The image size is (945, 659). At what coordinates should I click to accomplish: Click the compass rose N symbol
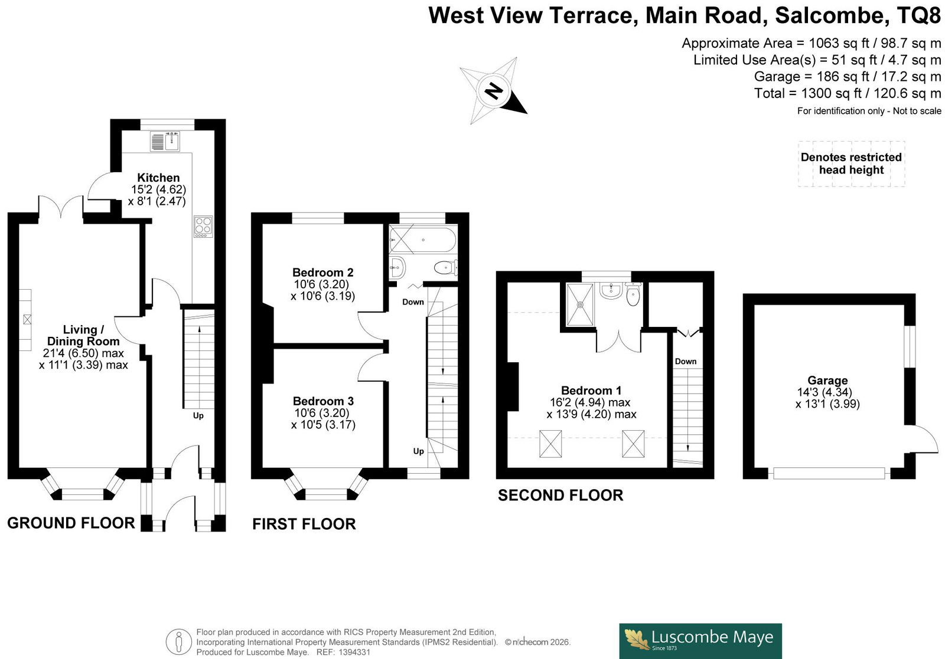point(493,91)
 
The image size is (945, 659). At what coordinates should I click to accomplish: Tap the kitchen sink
point(165,141)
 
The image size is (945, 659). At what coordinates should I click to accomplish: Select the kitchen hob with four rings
point(203,227)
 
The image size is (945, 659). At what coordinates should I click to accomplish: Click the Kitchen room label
point(158,178)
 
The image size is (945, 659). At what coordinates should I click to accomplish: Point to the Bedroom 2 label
point(322,272)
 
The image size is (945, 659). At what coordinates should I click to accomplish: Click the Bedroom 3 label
point(323,401)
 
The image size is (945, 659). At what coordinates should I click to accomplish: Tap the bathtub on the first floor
point(423,240)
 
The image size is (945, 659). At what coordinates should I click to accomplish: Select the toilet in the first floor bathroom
point(445,267)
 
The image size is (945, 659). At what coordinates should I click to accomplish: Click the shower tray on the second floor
point(581,304)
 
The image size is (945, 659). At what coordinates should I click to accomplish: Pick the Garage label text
point(827,380)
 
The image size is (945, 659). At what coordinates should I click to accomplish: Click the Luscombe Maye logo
point(700,641)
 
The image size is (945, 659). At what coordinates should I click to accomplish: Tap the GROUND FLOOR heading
point(71,523)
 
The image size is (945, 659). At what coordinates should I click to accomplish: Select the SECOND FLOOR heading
point(561,495)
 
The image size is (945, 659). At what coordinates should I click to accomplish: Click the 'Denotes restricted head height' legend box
point(851,163)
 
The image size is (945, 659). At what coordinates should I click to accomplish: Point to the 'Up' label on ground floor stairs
point(198,415)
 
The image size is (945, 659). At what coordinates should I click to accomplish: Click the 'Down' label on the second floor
point(686,361)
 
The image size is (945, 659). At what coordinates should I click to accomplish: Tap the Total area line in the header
point(848,93)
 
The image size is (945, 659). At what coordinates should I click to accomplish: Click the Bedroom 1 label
point(591,390)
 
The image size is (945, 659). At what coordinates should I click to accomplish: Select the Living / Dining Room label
point(83,335)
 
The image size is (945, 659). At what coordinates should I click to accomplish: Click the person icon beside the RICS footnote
point(179,642)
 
